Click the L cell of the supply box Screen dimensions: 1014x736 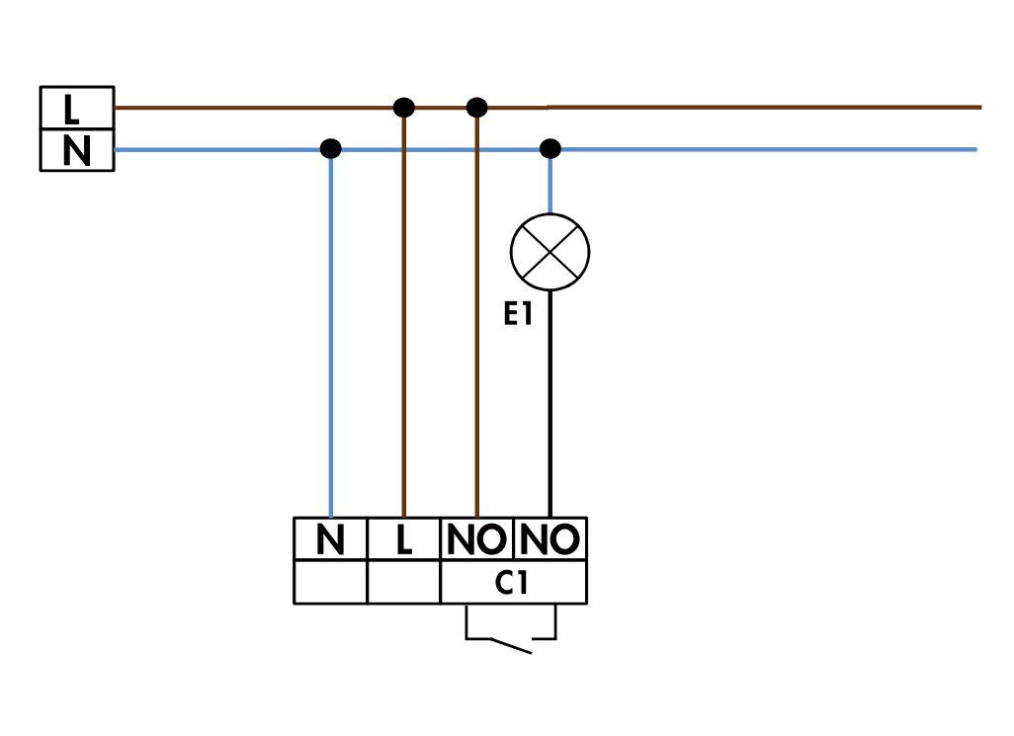click(77, 108)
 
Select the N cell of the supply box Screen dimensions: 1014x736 click(77, 150)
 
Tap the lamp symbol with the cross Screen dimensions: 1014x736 click(549, 251)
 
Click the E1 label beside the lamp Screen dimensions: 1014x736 click(517, 315)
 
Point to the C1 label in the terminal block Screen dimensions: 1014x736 click(512, 583)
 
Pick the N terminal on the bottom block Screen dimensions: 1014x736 click(330, 538)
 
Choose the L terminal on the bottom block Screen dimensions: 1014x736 click(403, 538)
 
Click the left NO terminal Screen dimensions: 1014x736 click(476, 538)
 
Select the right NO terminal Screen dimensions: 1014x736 click(550, 538)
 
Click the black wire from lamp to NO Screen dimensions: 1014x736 click(550, 404)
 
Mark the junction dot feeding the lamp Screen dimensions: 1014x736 click(550, 148)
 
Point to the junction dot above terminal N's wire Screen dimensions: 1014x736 click(330, 148)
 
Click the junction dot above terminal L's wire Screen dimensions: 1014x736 click(403, 108)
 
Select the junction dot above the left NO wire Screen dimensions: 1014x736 click(476, 108)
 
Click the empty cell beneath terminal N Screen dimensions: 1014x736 click(330, 582)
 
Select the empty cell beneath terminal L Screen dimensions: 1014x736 click(403, 582)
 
